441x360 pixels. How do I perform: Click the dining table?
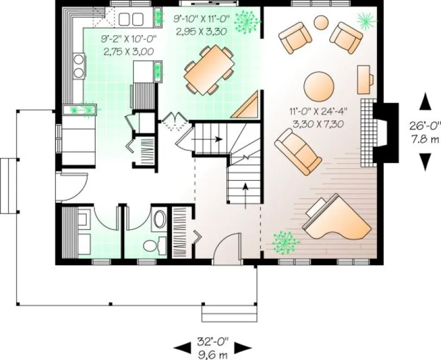point(209,69)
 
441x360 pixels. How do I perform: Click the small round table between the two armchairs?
point(322,22)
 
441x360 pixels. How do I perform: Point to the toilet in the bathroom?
point(150,245)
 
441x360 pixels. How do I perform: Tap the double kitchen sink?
point(130,20)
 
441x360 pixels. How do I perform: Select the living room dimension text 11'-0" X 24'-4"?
point(318,112)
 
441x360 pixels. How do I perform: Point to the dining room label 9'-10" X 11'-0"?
point(202,18)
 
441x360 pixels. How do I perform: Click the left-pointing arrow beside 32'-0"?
point(181,348)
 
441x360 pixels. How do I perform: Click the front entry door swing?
point(227,247)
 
